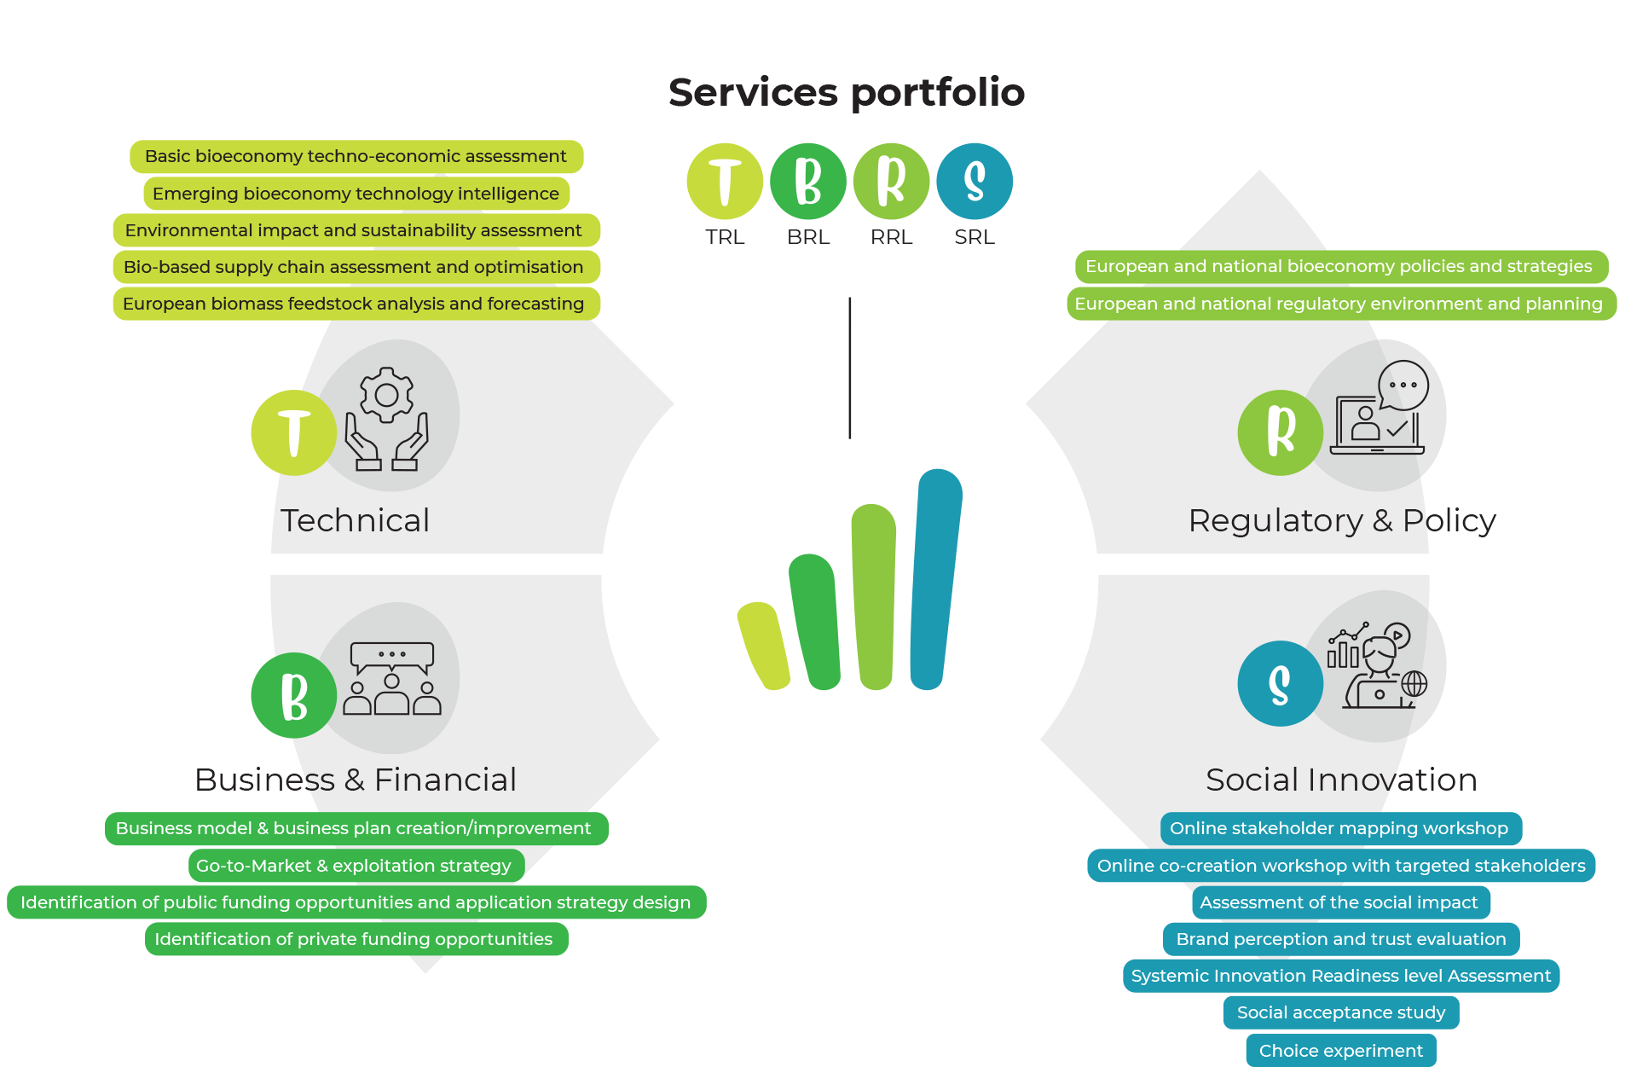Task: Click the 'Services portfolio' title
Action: click(846, 92)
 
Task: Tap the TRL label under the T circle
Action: click(725, 237)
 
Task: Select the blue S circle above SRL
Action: click(975, 181)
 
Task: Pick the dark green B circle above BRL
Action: click(807, 181)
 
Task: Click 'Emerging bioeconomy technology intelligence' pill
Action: click(356, 194)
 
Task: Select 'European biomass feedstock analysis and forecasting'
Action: click(354, 304)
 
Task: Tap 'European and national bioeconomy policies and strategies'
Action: click(1339, 266)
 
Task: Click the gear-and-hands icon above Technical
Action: click(387, 418)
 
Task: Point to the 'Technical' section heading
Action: click(356, 520)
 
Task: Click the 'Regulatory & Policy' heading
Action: click(1342, 520)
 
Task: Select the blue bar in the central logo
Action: click(935, 580)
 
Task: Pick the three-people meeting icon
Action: click(392, 678)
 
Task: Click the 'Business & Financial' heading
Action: click(356, 780)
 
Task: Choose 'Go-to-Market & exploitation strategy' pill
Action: click(354, 866)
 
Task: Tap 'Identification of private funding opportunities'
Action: click(354, 939)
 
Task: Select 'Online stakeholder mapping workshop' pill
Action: click(1339, 828)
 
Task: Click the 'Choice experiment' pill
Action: click(1341, 1051)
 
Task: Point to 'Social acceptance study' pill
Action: click(1341, 1012)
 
